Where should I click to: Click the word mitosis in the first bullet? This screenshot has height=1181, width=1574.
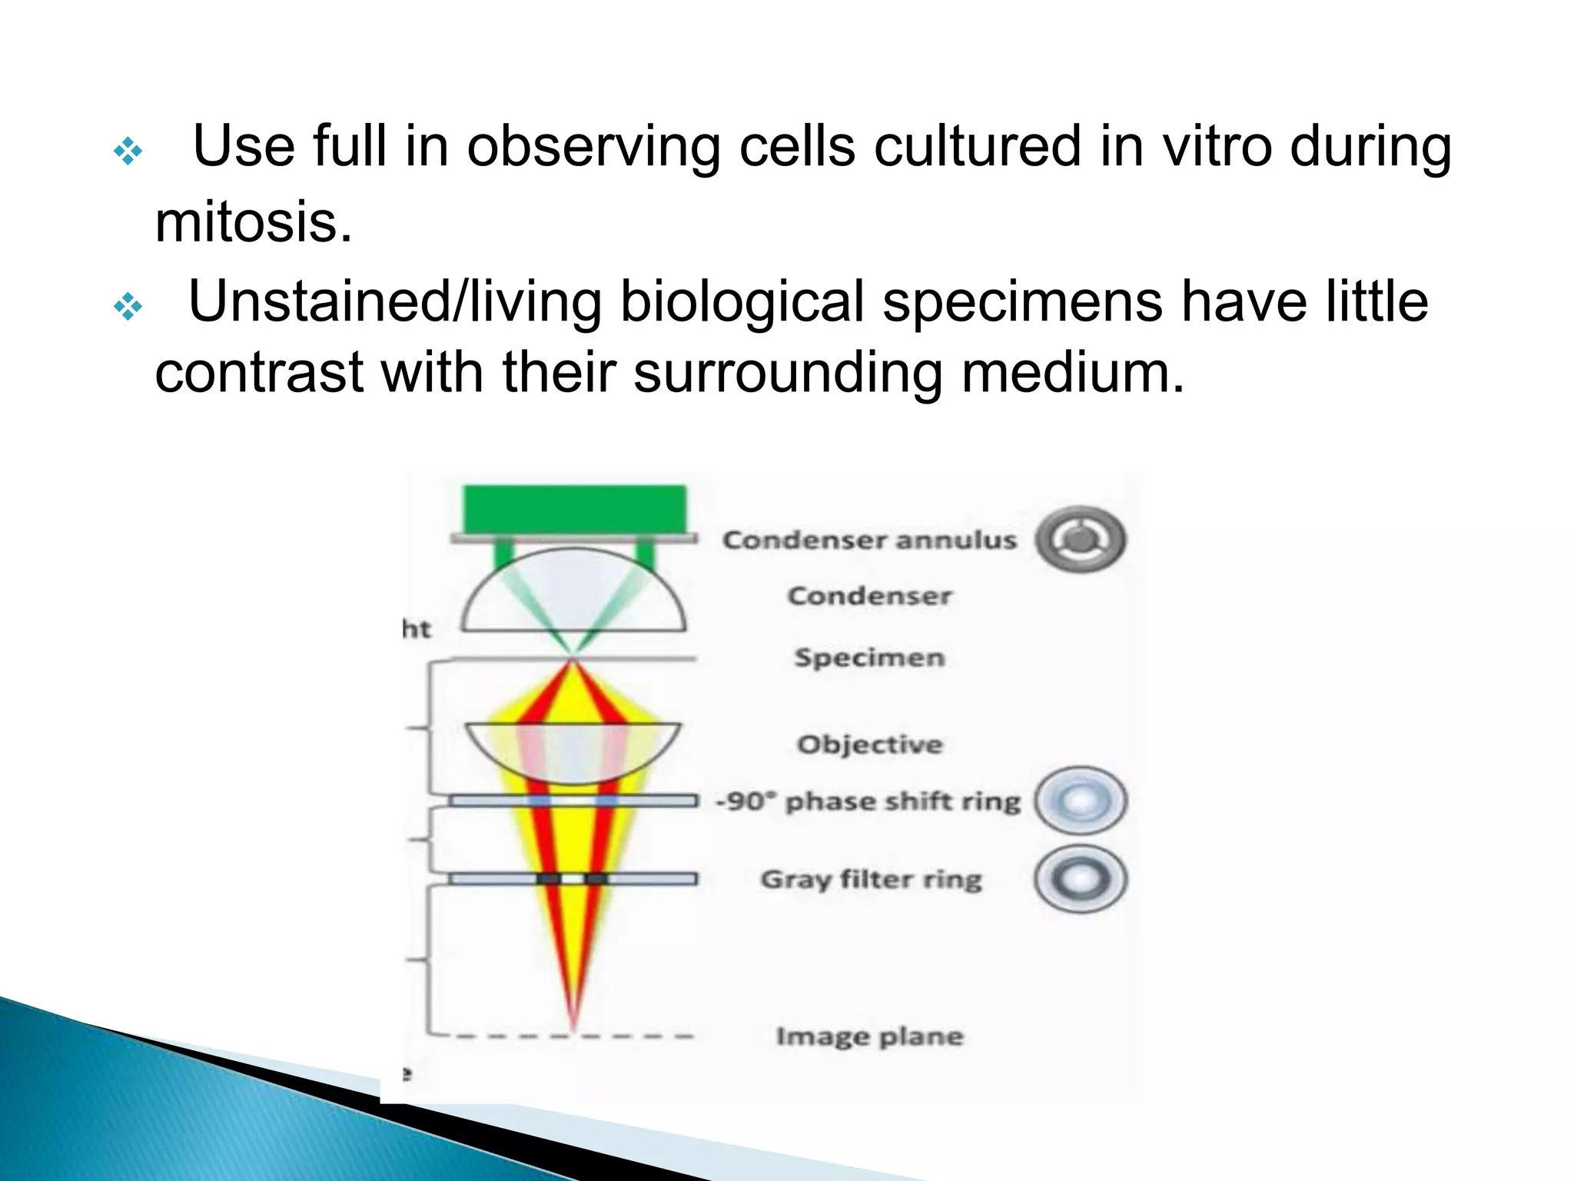(254, 223)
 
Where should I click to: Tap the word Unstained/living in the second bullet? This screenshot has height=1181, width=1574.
(394, 301)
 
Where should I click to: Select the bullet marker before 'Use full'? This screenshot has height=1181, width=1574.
(128, 152)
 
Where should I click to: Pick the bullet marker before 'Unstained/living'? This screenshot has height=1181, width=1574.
(128, 308)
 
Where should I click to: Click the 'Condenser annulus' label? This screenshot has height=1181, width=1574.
(869, 540)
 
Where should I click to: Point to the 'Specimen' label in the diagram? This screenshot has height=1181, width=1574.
(869, 658)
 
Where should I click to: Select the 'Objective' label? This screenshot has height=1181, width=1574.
(869, 744)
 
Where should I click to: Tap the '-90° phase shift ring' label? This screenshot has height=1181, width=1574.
(868, 801)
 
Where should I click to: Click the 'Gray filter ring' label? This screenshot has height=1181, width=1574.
(871, 879)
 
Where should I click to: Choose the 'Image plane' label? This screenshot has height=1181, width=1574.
(869, 1036)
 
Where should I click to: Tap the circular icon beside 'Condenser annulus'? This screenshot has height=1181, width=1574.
(1081, 539)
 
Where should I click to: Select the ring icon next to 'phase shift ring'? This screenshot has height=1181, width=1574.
(1081, 801)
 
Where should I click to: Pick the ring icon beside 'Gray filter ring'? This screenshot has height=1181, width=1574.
(1081, 879)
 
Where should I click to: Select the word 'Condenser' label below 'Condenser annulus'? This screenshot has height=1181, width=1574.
(869, 596)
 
